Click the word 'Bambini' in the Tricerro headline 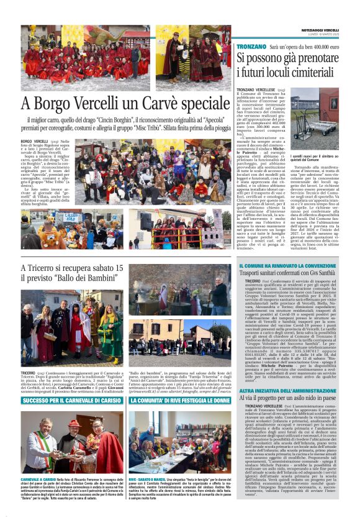(x=94, y=280)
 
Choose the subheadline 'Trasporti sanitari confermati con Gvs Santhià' (x=289, y=273)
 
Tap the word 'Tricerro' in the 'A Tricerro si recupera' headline (x=48, y=269)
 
